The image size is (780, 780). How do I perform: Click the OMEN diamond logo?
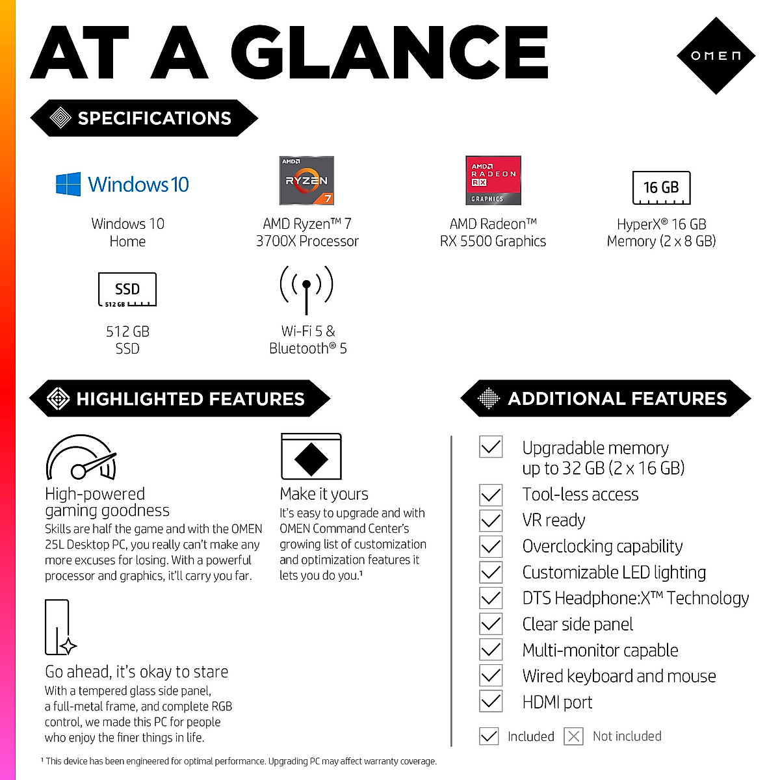click(x=716, y=56)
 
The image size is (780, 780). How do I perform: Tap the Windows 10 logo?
click(x=122, y=184)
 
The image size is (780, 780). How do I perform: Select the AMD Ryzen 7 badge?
click(x=307, y=180)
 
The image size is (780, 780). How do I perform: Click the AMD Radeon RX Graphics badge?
click(x=493, y=180)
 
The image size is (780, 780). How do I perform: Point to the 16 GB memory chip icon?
click(x=661, y=188)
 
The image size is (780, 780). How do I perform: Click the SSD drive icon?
click(x=127, y=290)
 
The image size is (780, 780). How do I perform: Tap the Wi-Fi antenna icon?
click(x=306, y=289)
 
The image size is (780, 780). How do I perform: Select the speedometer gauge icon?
click(x=81, y=458)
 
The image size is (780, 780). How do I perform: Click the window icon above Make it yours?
click(x=311, y=456)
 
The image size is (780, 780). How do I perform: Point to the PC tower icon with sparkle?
click(x=59, y=628)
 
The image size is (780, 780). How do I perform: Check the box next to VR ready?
click(x=491, y=521)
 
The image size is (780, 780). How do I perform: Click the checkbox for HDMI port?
click(x=491, y=702)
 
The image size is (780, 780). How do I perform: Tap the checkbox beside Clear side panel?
click(x=491, y=624)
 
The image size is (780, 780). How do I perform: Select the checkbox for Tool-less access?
click(x=491, y=495)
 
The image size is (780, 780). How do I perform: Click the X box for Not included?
click(x=573, y=736)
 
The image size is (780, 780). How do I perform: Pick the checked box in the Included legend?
click(x=489, y=736)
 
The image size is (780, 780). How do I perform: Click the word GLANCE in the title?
click(x=390, y=53)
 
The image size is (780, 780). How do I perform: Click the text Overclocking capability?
click(x=603, y=547)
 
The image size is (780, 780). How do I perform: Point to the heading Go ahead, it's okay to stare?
click(x=136, y=671)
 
